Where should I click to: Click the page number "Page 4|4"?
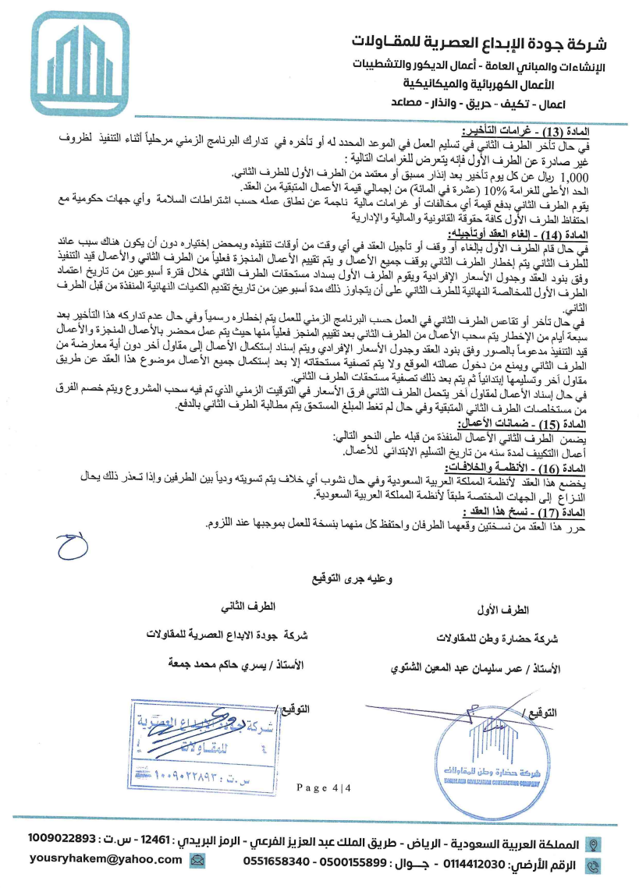(x=325, y=787)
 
